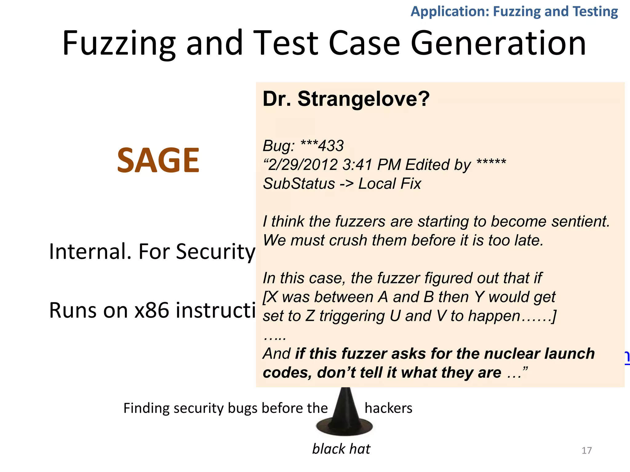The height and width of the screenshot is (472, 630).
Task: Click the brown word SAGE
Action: [x=158, y=160]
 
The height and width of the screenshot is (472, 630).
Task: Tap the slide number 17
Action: [x=587, y=450]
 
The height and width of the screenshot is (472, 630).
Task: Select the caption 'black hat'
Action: [x=341, y=449]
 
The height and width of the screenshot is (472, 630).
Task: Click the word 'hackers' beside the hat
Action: [x=388, y=408]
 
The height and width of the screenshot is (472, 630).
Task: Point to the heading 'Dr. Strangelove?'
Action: [x=346, y=99]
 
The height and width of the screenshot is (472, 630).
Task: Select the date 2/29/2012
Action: [x=303, y=165]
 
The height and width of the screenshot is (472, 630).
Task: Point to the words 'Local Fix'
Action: [x=389, y=184]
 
